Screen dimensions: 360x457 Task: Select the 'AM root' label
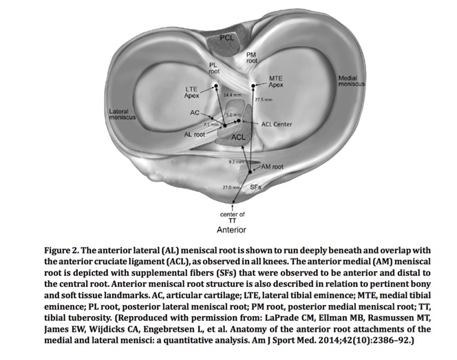273,167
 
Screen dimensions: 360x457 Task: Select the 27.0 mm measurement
230,187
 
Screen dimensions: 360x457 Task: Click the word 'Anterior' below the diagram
231,229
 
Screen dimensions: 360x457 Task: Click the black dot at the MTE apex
254,85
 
